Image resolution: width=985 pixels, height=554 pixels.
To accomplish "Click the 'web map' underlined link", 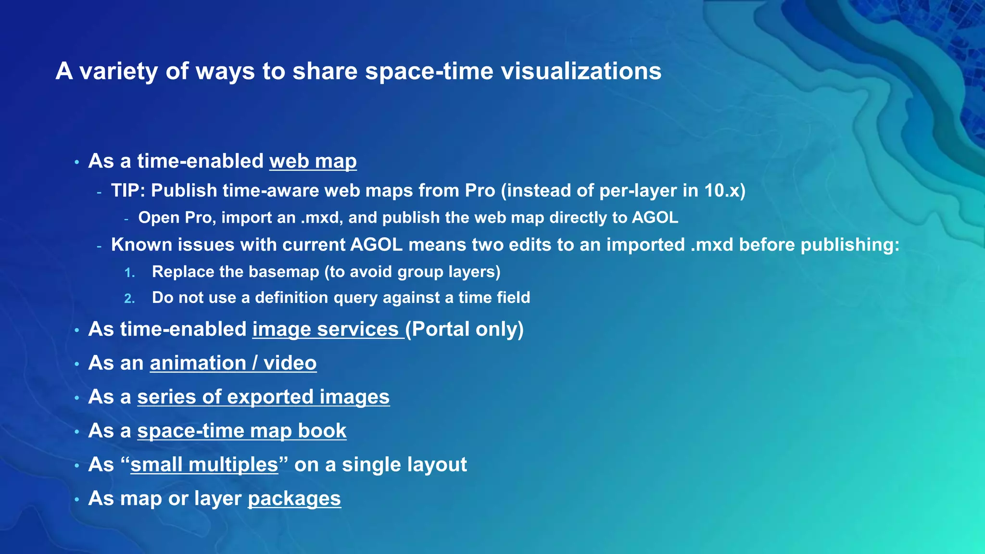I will click(313, 161).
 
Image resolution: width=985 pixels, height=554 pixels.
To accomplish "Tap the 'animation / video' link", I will click(233, 363).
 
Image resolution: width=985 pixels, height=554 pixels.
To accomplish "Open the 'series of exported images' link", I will click(263, 397).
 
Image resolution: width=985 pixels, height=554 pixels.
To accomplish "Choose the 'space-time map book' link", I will click(241, 431).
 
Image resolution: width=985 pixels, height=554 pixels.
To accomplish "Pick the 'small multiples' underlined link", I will click(204, 465).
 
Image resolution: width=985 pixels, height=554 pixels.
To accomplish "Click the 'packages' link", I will click(294, 499).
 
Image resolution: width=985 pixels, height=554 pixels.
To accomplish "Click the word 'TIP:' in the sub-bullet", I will click(128, 191).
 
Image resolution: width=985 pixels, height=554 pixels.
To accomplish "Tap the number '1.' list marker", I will click(129, 273).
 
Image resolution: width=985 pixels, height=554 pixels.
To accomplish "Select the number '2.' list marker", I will click(129, 299).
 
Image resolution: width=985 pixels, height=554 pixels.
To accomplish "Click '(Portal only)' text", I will click(465, 329).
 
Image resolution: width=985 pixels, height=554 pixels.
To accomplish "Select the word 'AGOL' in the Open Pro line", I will click(655, 217).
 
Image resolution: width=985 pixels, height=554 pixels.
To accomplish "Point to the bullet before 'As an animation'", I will click(76, 364).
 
